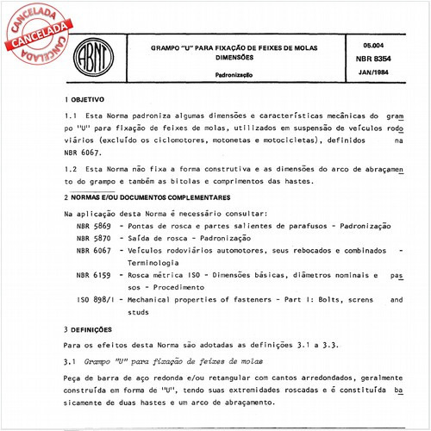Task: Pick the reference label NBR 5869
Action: pos(94,225)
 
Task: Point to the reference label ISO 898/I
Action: pos(96,300)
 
